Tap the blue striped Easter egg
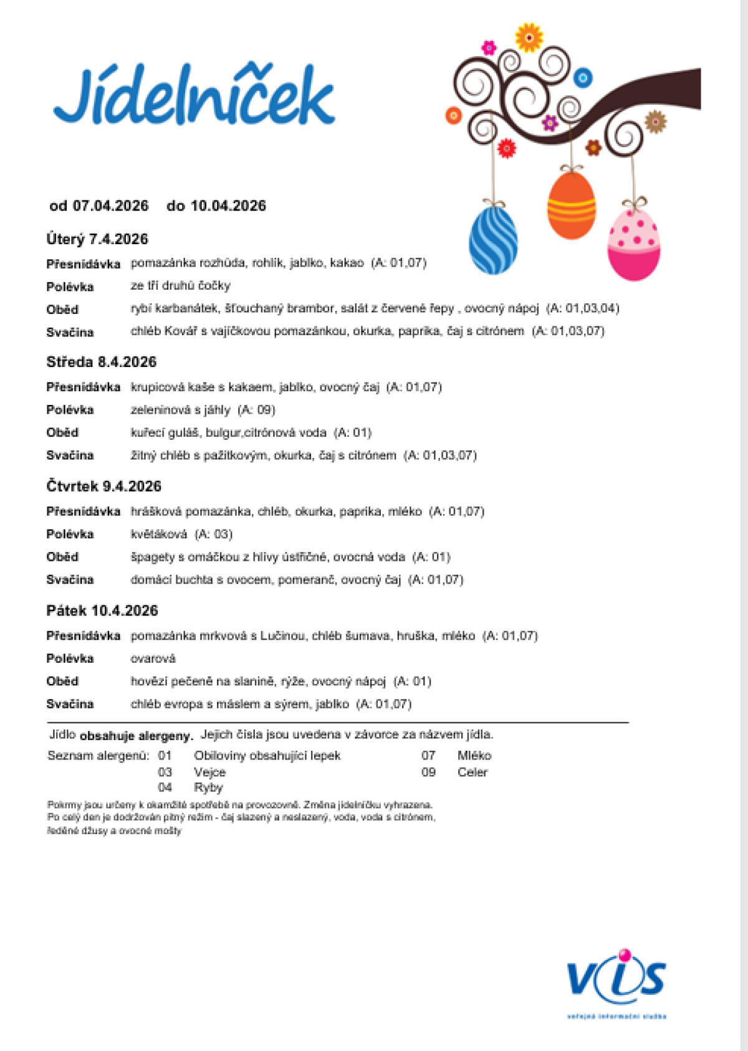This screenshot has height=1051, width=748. (x=493, y=240)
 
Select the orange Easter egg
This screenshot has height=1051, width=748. (x=571, y=206)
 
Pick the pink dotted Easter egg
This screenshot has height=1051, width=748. (x=633, y=245)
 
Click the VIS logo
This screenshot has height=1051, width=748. (x=616, y=980)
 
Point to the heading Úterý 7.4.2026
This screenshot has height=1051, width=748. (x=97, y=239)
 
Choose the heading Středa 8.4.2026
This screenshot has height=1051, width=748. (x=102, y=362)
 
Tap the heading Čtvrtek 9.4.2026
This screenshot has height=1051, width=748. (x=104, y=486)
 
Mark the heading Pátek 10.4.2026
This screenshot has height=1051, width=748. (x=102, y=611)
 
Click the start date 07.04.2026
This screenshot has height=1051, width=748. (x=111, y=206)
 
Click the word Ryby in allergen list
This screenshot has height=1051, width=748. (x=208, y=787)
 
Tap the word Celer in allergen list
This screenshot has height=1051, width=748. (x=472, y=772)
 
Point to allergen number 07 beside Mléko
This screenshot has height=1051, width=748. (x=428, y=756)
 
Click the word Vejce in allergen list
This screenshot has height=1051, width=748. (x=209, y=772)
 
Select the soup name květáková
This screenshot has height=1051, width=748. (x=158, y=534)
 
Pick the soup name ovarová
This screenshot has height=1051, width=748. (x=153, y=659)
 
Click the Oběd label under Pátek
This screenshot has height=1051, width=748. (x=62, y=681)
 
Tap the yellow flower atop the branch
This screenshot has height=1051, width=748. (x=529, y=38)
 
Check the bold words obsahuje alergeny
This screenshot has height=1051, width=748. (x=137, y=736)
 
